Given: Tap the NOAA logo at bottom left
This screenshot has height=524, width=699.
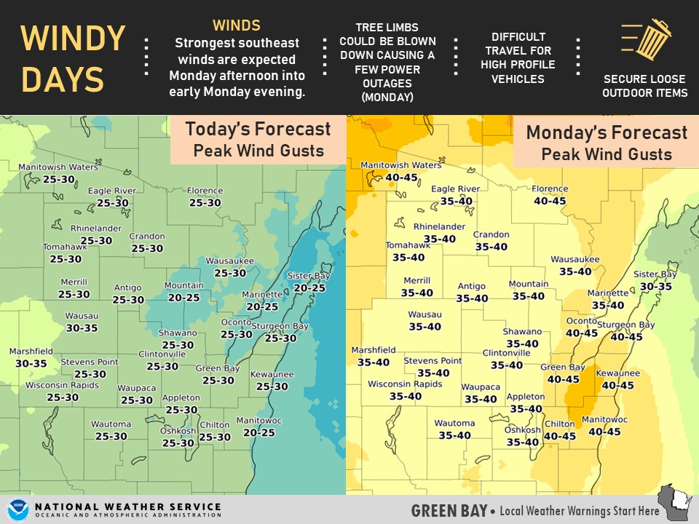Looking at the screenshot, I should pos(17,509).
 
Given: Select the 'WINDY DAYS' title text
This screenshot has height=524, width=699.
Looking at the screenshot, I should pos(73,58).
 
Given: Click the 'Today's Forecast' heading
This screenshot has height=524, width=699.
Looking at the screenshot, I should pos(258,130).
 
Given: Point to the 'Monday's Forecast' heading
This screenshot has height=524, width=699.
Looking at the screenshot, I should pos(606,133).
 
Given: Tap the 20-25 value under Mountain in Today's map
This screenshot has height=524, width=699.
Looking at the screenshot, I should pos(183,298).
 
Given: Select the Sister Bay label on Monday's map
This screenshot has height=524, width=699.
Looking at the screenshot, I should pos(655,274).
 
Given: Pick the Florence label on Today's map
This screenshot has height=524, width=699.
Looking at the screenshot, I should pos(205,191).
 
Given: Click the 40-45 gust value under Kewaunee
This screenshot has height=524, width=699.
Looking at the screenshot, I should pos(618,385).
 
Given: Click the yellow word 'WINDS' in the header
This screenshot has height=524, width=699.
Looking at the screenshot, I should pos(237,25).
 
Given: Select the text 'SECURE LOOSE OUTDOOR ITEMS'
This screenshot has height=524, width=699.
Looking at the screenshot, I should pos(645,85).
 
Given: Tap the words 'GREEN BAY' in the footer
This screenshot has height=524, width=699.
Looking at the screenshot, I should pos(449,511).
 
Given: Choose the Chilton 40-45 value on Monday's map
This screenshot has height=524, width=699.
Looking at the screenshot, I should pos(560,436).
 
